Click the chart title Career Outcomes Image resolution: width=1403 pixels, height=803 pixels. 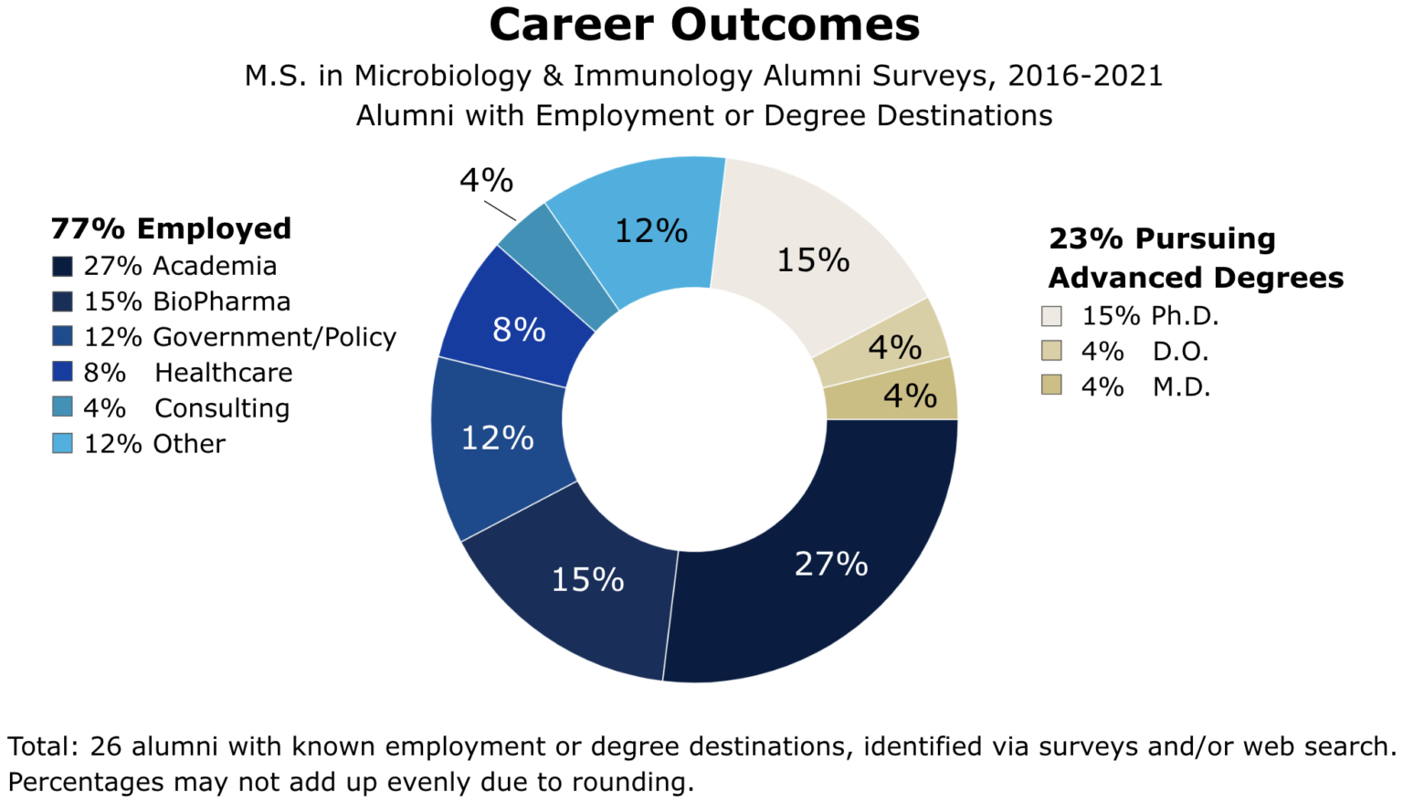point(703,26)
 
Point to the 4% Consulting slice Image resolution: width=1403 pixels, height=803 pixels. point(557,265)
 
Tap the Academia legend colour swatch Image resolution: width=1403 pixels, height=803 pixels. point(62,266)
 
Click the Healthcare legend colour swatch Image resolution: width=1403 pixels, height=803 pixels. point(62,372)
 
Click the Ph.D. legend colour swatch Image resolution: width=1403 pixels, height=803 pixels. point(1051,316)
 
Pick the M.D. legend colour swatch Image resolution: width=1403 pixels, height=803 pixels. point(1051,386)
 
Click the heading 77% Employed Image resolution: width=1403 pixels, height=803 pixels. point(171,228)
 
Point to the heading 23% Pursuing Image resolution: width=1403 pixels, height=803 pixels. point(1162,238)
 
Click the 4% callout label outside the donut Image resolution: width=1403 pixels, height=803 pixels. point(486,181)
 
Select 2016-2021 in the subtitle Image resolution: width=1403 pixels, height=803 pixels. point(1085,76)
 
